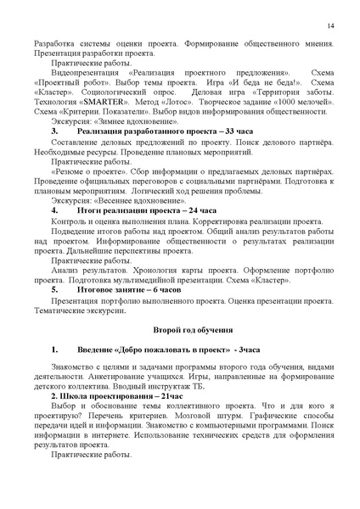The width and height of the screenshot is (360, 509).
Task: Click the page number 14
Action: point(329,28)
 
